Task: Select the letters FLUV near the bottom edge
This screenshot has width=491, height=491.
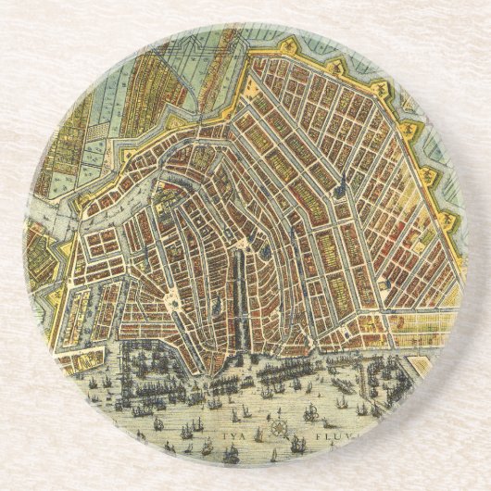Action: [x=314, y=431]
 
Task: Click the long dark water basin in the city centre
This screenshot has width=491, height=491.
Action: [x=240, y=288]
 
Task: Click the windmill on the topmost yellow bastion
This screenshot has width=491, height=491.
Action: [x=298, y=44]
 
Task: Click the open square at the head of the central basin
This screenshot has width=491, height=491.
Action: [x=243, y=243]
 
